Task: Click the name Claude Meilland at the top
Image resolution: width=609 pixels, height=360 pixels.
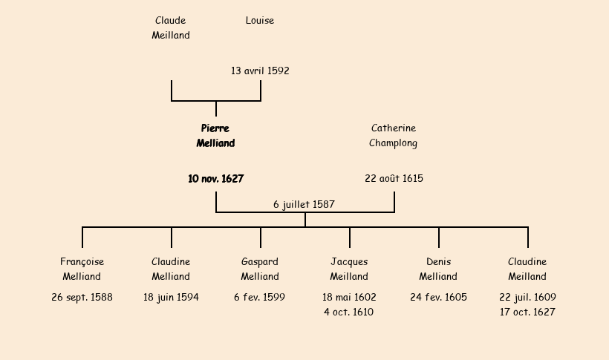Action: click(171, 28)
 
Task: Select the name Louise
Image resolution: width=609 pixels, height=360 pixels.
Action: click(260, 21)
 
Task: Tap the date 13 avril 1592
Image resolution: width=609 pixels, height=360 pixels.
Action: click(260, 71)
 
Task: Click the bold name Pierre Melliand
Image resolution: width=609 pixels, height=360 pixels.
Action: click(215, 136)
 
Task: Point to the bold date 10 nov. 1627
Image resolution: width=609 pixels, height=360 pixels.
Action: click(215, 179)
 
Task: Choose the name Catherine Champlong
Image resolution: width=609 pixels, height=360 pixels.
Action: click(394, 136)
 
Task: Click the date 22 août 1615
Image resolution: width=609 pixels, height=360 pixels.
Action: click(394, 179)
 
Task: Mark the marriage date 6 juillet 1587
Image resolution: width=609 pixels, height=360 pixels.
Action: click(304, 204)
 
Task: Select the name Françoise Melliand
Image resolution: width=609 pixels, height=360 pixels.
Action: click(82, 269)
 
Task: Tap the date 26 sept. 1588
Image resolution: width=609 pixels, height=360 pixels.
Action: click(82, 298)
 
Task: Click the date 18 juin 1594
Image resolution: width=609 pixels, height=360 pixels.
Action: click(171, 298)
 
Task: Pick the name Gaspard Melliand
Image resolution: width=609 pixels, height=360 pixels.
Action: click(260, 269)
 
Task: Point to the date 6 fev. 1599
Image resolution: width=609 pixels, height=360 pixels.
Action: click(260, 298)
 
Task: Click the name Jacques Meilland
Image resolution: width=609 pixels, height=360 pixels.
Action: click(349, 269)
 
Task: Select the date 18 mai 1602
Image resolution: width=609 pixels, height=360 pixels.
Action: click(349, 298)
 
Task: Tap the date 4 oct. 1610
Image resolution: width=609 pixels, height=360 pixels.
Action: click(349, 312)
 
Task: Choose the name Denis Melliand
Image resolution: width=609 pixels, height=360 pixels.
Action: click(438, 269)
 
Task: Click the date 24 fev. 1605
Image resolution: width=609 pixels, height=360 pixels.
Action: click(438, 298)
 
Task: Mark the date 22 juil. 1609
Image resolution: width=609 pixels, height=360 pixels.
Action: click(527, 298)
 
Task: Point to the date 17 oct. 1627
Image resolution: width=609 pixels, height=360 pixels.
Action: click(527, 312)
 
